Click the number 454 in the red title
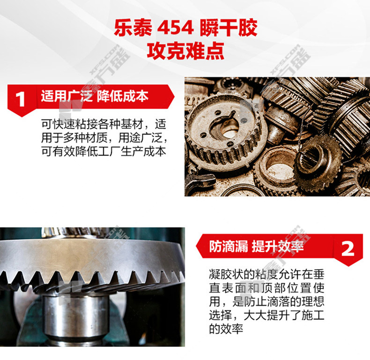[x=175, y=28]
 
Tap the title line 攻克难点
[x=185, y=51]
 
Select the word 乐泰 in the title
[x=133, y=28]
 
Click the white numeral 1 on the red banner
[x=20, y=99]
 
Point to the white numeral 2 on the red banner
[x=348, y=249]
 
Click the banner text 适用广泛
[x=67, y=96]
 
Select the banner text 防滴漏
[x=229, y=247]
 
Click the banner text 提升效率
[x=278, y=247]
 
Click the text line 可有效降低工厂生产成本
[x=104, y=151]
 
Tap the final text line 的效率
[x=226, y=328]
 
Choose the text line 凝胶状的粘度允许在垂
[x=266, y=274]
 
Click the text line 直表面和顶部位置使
[x=266, y=287]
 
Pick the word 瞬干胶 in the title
[x=229, y=28]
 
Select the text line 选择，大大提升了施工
[x=266, y=315]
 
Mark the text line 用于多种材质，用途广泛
[x=104, y=138]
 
